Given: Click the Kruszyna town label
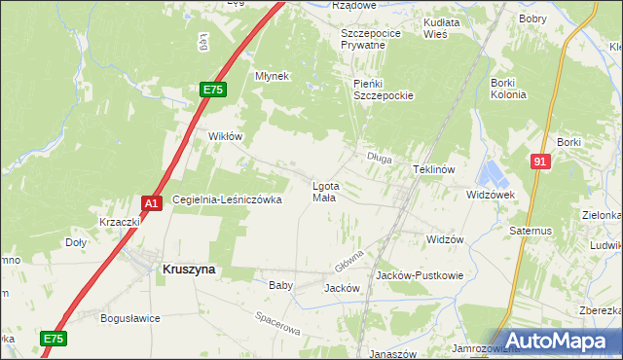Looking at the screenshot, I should click(188, 271).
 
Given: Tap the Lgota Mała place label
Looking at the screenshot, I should click(324, 192).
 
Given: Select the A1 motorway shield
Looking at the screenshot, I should click(151, 202).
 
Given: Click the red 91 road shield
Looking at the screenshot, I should click(540, 162).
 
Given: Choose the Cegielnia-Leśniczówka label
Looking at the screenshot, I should click(227, 199).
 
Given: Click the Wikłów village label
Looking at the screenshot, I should click(225, 137).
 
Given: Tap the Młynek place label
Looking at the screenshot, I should click(272, 76).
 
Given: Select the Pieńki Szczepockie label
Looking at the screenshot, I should click(384, 90).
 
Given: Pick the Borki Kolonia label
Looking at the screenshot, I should click(507, 90).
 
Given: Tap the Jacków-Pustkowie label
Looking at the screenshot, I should click(420, 276).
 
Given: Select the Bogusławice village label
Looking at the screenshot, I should click(129, 318).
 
